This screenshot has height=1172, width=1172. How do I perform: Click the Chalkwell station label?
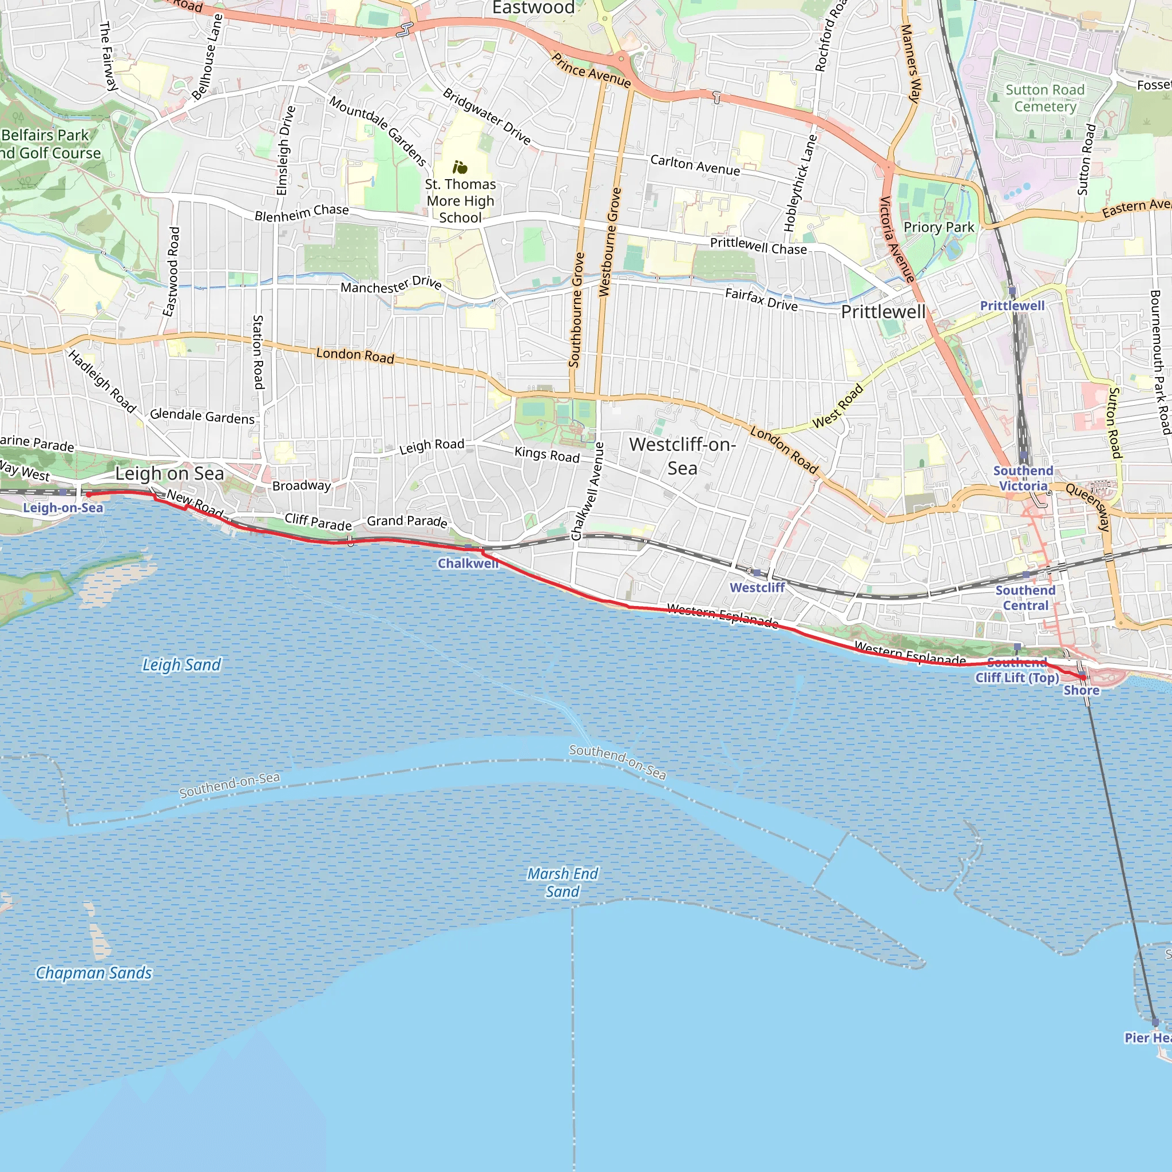(x=468, y=563)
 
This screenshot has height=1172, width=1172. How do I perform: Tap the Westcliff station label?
(x=757, y=587)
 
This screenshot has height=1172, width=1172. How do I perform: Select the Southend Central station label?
(x=1025, y=597)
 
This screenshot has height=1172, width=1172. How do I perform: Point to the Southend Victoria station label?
(x=1023, y=478)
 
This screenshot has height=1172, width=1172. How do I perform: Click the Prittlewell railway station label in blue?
(x=1012, y=306)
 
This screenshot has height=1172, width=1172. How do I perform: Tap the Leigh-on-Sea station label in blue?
(x=63, y=507)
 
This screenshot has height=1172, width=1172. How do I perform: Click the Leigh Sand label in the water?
(x=181, y=665)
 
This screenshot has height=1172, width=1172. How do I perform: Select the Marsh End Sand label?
(x=563, y=882)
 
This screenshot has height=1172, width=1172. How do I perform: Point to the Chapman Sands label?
(x=94, y=972)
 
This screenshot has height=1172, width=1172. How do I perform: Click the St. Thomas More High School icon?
(x=460, y=167)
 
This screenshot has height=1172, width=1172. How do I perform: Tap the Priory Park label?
(x=939, y=227)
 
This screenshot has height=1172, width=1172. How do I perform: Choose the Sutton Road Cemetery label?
(x=1044, y=98)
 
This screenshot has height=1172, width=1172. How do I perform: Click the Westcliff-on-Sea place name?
(x=683, y=456)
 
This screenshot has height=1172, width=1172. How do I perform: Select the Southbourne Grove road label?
(x=576, y=310)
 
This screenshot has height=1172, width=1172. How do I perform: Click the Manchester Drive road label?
(x=391, y=284)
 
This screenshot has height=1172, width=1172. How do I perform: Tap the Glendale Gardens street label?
(x=202, y=416)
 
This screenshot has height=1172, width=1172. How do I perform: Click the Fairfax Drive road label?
(x=761, y=300)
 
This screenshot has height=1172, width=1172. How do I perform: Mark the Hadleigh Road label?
(x=102, y=381)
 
